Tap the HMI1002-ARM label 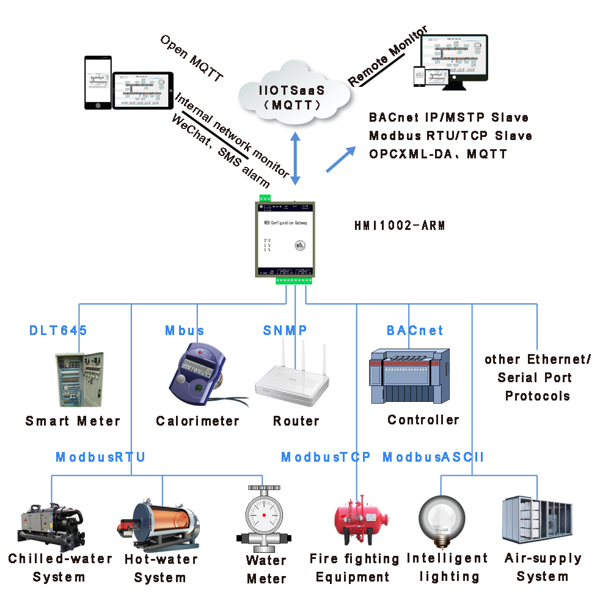click(400, 226)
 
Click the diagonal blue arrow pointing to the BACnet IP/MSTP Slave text click(341, 160)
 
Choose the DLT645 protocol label click(58, 331)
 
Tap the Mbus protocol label click(185, 331)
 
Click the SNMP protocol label click(285, 331)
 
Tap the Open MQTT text click(191, 58)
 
